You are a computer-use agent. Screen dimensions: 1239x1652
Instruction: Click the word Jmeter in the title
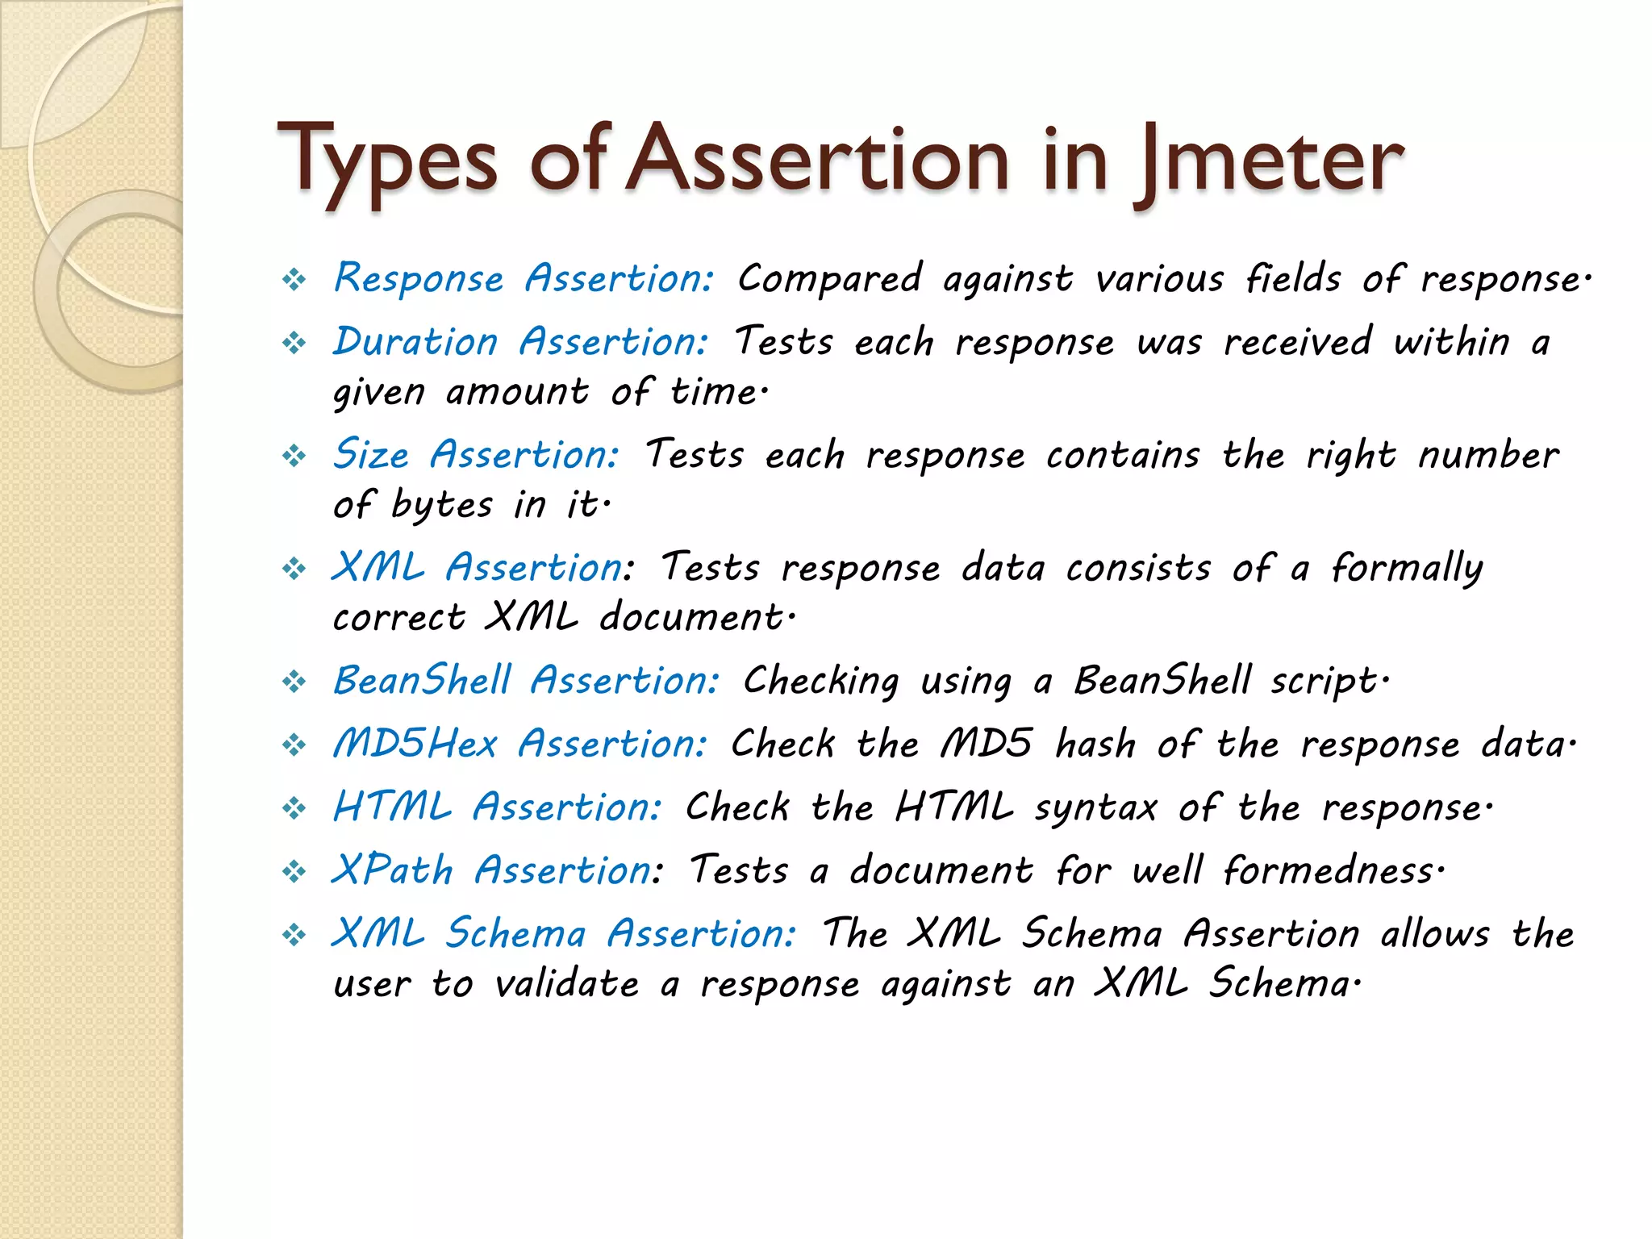pos(1270,161)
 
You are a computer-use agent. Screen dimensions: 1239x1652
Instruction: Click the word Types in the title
pos(386,161)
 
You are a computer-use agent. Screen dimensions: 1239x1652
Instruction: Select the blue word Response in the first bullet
pos(419,279)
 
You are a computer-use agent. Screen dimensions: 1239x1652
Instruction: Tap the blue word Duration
pos(415,342)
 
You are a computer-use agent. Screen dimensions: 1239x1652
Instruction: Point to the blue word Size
pos(371,454)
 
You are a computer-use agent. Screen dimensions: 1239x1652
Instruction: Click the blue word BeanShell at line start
pos(422,680)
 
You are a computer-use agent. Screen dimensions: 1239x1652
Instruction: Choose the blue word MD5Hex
pos(415,744)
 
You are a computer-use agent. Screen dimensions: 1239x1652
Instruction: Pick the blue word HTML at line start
pos(392,807)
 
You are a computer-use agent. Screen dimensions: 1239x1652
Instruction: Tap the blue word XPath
pos(392,871)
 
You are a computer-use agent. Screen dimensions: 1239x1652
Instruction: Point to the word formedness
pos(1332,871)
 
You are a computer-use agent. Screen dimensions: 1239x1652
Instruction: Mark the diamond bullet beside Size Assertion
pos(294,457)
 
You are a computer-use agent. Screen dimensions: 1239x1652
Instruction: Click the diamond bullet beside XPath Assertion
pos(294,872)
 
